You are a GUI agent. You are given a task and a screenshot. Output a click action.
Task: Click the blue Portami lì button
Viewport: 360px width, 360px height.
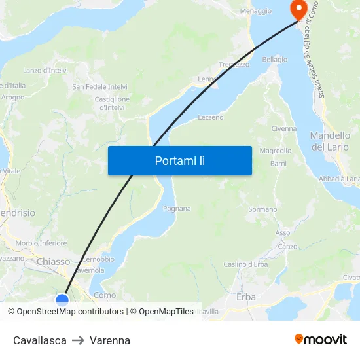[x=180, y=160]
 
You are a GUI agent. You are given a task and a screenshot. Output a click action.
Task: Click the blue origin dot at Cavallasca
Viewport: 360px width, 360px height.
[x=62, y=300]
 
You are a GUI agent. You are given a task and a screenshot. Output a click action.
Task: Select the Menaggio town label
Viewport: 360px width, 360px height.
[x=256, y=11]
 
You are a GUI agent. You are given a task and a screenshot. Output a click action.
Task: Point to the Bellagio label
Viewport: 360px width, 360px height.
[x=275, y=60]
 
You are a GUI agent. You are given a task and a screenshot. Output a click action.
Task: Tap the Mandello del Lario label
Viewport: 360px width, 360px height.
[x=329, y=141]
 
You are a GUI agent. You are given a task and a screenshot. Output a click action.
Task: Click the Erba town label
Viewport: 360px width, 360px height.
[x=246, y=297]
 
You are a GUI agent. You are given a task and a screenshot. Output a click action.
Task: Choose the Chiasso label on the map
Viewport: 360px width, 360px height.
[x=53, y=262]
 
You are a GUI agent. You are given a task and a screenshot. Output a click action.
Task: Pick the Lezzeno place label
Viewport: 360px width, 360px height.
[x=211, y=117]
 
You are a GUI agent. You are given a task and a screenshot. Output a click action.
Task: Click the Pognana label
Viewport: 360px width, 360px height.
[x=177, y=209]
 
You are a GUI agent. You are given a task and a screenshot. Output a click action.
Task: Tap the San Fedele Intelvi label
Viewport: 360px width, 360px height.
[x=99, y=86]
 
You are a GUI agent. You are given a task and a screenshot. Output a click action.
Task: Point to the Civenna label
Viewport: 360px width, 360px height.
[x=284, y=128]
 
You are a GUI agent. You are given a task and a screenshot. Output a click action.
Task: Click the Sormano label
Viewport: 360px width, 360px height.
[x=263, y=209]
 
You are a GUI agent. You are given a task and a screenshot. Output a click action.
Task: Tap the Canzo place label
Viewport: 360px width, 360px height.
[x=287, y=247]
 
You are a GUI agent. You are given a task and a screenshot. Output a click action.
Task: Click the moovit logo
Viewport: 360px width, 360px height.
[x=321, y=339]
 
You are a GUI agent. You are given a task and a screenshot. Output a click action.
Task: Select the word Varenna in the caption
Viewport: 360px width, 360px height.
[x=110, y=340]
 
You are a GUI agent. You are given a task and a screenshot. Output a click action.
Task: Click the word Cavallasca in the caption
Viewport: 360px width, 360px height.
[x=40, y=340]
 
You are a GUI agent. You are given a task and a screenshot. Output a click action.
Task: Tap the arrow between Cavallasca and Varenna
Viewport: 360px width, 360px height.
[x=78, y=340]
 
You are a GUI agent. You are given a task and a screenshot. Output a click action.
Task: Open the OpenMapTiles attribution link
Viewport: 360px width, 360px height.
[x=166, y=312]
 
